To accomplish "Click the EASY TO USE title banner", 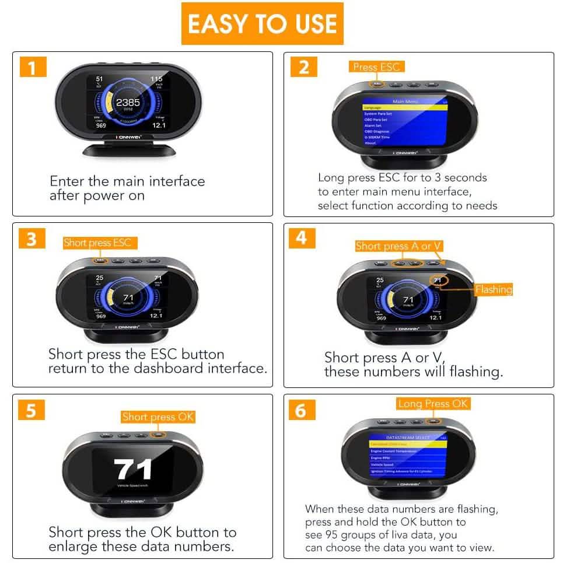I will click(262, 23).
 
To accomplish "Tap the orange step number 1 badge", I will click(33, 68).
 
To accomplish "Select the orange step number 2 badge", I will click(303, 67).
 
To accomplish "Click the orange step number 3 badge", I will click(32, 239).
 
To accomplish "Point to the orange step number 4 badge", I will click(302, 237).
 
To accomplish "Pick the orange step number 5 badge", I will click(31, 410).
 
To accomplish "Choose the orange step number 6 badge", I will click(301, 410).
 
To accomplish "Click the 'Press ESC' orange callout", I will click(376, 67).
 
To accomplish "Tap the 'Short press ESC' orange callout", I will click(97, 243).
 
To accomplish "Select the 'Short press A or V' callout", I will click(401, 246).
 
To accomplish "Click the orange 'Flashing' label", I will click(493, 289).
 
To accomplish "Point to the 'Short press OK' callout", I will click(158, 417).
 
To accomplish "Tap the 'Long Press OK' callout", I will click(433, 404).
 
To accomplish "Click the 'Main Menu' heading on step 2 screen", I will click(406, 102).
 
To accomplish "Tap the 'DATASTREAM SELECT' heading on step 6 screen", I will click(408, 437).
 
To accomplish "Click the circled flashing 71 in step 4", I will click(437, 281).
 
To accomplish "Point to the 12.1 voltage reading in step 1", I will click(159, 125).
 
